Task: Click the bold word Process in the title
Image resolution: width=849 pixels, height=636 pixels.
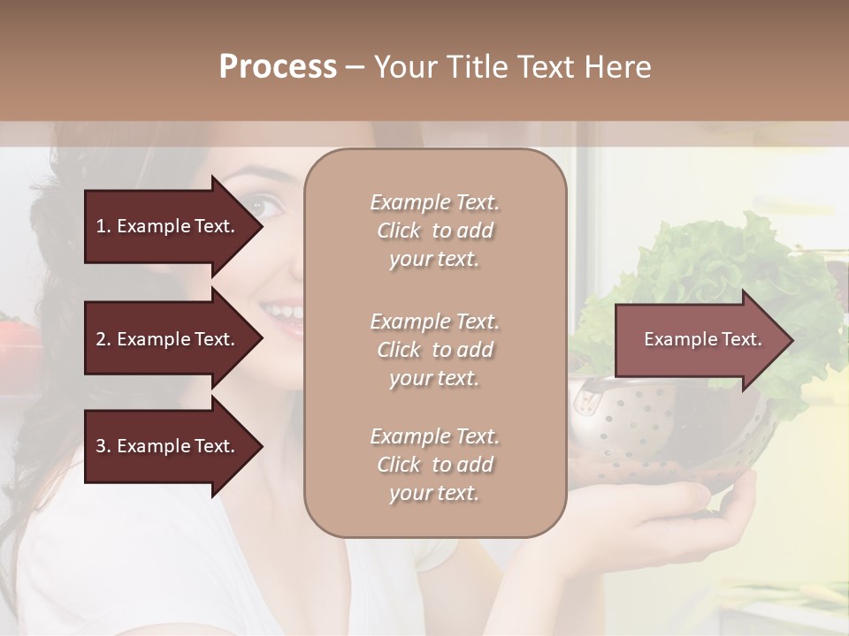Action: pyautogui.click(x=278, y=67)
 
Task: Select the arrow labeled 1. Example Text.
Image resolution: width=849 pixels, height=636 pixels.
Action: pyautogui.click(x=168, y=226)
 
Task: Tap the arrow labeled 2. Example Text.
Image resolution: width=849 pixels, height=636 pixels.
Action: pyautogui.click(x=168, y=339)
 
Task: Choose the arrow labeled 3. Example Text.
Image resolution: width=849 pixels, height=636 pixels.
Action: pyautogui.click(x=168, y=446)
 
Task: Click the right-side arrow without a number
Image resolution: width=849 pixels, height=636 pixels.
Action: pyautogui.click(x=699, y=340)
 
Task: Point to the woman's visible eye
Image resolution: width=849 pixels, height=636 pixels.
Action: pyautogui.click(x=263, y=206)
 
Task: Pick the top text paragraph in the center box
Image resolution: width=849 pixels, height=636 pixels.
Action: pyautogui.click(x=434, y=231)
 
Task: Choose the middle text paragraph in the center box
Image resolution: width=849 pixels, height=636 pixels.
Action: pyautogui.click(x=434, y=350)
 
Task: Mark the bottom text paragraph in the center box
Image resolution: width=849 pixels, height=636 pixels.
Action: pyautogui.click(x=434, y=465)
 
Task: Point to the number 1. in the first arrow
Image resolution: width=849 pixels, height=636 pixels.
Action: pyautogui.click(x=103, y=226)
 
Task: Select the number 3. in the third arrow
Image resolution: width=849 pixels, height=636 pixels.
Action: pyautogui.click(x=103, y=446)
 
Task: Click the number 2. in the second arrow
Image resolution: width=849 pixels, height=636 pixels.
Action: pyautogui.click(x=103, y=339)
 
